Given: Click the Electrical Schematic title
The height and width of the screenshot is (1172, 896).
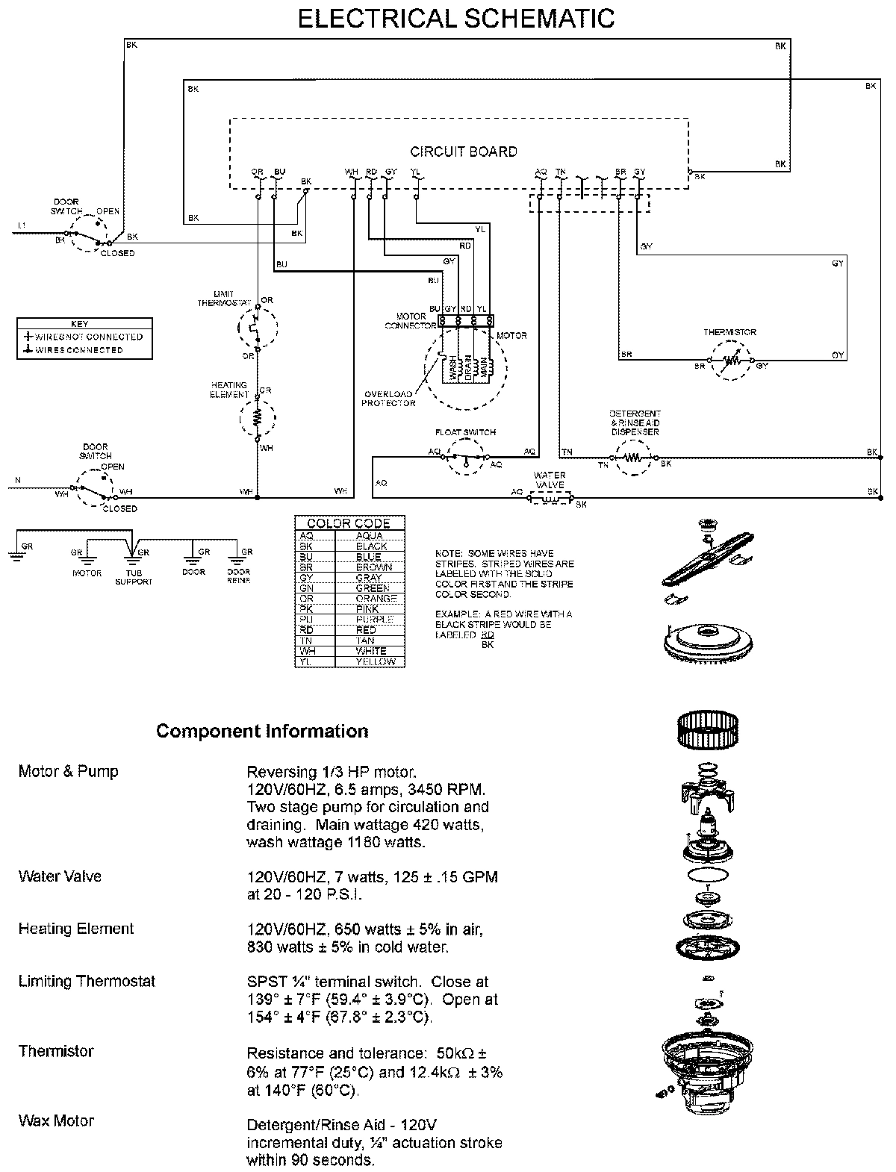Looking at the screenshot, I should pos(456,19).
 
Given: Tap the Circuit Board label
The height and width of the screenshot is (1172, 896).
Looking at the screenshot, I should pos(463,152).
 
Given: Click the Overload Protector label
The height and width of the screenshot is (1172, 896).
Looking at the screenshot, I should pos(388,399).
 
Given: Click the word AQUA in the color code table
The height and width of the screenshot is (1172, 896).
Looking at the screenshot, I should pos(370,536).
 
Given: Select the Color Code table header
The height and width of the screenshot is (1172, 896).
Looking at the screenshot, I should pos(349,523).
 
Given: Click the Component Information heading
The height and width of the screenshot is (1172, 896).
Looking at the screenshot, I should pos(262,732).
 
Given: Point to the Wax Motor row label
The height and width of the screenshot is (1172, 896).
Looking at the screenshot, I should pos(56,1120).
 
